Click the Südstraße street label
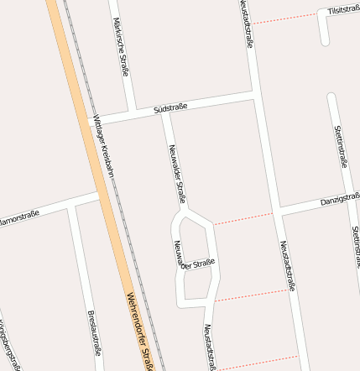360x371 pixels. tap(170, 107)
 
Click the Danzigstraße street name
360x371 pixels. tap(340, 201)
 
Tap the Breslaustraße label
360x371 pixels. tap(93, 333)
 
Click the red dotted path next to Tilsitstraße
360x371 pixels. tap(285, 18)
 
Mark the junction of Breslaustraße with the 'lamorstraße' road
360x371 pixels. tap(74, 204)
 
